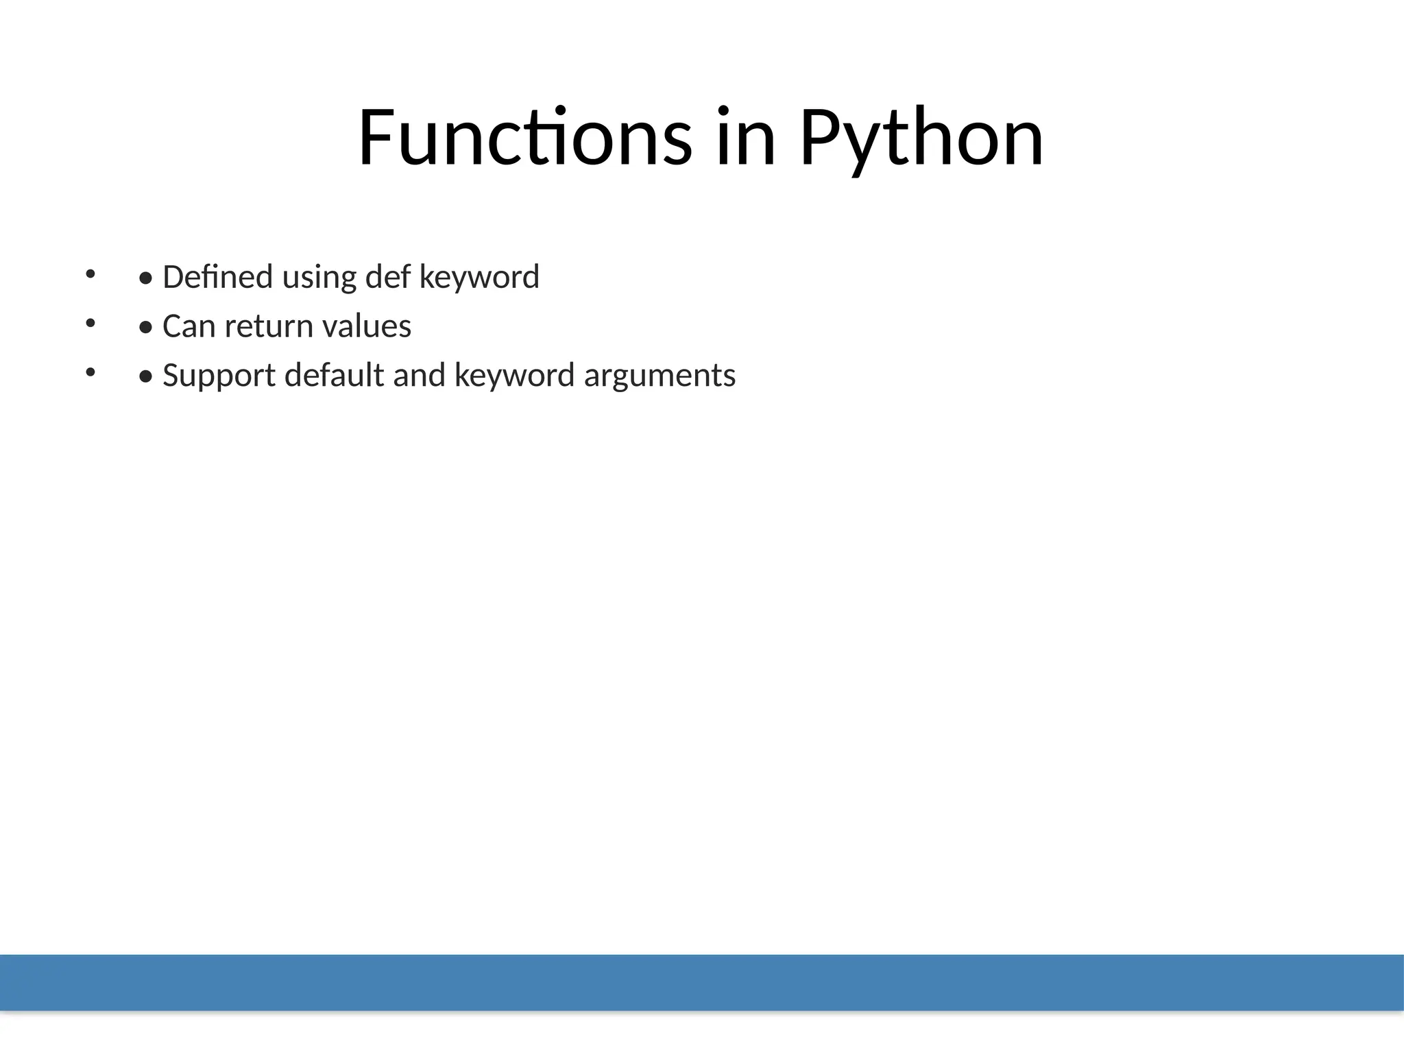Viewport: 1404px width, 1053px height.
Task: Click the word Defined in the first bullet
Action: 217,277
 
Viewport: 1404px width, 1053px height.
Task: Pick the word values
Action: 366,326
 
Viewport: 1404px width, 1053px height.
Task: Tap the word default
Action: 334,376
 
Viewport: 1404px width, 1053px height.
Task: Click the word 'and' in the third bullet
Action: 419,376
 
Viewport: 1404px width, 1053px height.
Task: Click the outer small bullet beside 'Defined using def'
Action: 90,274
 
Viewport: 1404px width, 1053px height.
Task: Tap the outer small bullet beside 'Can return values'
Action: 90,323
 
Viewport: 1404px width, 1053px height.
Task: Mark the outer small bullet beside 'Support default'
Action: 90,372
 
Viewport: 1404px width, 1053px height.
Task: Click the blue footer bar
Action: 702,982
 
